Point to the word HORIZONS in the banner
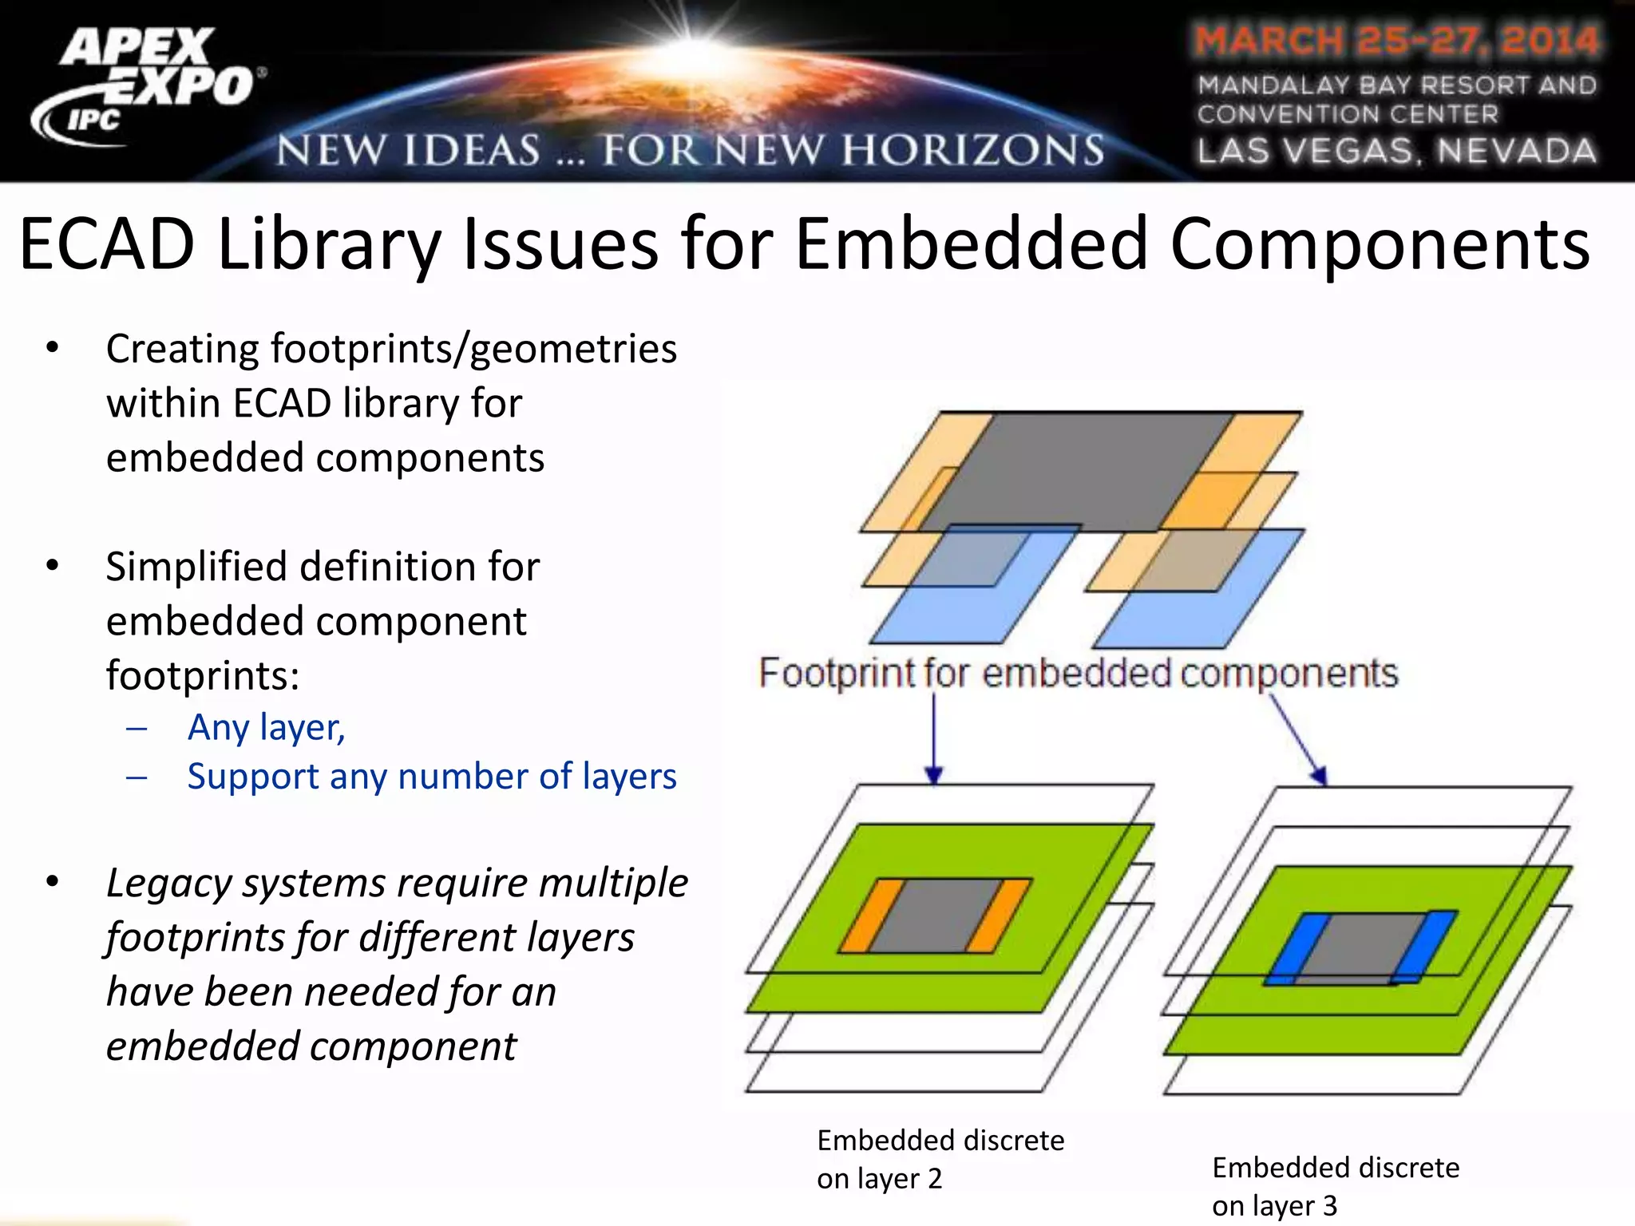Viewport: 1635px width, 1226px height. [974, 151]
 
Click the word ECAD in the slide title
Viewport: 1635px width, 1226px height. [107, 243]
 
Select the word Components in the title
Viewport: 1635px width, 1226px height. [1380, 243]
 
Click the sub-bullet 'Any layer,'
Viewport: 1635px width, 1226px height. [266, 727]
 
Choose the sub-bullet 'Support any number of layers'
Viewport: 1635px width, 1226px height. [432, 776]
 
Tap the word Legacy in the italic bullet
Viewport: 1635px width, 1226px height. [167, 883]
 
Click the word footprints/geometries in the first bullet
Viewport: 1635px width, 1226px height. [473, 349]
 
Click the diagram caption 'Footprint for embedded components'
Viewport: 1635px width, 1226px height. [1078, 673]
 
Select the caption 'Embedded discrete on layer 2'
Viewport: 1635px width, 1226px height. [940, 1159]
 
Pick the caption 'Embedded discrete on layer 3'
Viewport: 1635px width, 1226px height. [1336, 1186]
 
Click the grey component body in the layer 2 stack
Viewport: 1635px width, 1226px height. [934, 916]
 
